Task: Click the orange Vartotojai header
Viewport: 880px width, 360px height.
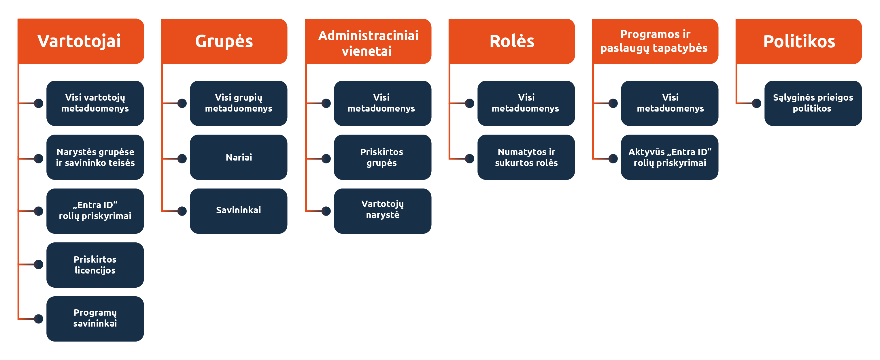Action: (x=81, y=41)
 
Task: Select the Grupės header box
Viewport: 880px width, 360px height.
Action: (x=224, y=41)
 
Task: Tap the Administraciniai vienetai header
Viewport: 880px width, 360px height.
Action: (x=368, y=41)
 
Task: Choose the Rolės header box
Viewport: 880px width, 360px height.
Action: (x=512, y=41)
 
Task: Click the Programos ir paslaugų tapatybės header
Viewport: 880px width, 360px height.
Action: (x=655, y=41)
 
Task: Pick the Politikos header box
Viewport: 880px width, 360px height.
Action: (x=799, y=41)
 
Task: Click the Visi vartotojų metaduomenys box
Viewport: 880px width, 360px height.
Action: (x=95, y=103)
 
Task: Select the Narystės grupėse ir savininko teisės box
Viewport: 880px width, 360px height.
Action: (x=95, y=157)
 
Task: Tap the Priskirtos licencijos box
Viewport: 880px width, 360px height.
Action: (x=95, y=265)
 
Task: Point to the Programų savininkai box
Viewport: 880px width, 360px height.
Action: (x=95, y=318)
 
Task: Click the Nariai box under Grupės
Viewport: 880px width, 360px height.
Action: (x=239, y=157)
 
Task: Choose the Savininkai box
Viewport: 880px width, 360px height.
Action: (x=239, y=211)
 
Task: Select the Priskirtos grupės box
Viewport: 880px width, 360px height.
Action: (x=383, y=157)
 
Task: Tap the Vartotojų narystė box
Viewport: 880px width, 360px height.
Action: (x=383, y=211)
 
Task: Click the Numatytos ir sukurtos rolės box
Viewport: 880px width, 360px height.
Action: (x=526, y=157)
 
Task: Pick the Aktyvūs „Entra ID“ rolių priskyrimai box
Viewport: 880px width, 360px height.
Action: (x=670, y=157)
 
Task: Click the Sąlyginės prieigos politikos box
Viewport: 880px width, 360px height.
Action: (x=813, y=103)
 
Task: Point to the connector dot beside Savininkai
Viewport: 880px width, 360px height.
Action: (x=182, y=211)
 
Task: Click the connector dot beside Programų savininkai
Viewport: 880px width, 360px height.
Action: (x=39, y=319)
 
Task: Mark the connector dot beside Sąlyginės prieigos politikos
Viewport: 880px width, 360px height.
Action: (x=757, y=103)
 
